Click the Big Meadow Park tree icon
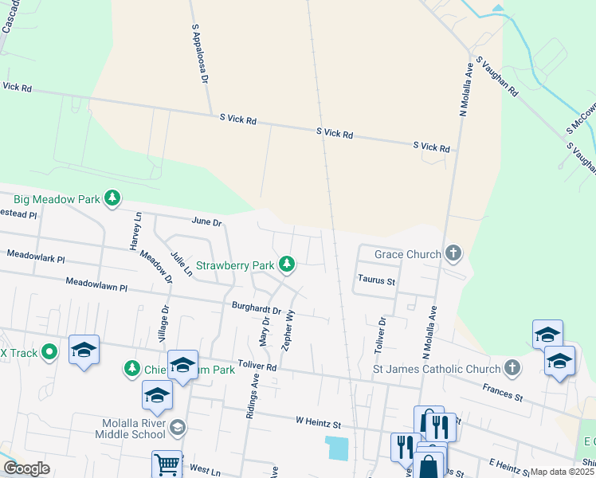pos(113,198)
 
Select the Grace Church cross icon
pos(453,254)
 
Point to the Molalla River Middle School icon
pos(178,428)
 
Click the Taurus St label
pos(376,280)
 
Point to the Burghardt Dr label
pos(257,308)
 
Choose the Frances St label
pos(502,391)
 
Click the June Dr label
pos(205,221)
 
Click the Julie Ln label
pos(182,264)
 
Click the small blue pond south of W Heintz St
pos(337,447)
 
